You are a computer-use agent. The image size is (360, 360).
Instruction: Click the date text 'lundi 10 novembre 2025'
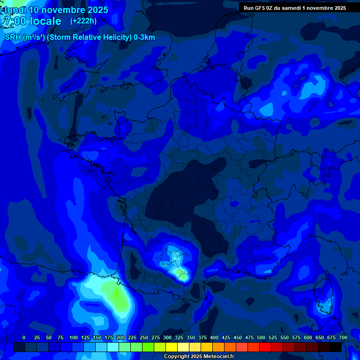56,10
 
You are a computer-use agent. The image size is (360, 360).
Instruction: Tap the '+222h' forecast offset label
83,21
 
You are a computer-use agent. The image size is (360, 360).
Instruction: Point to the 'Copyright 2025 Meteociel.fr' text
199,357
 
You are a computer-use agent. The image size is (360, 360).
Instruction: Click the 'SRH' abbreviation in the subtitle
13,37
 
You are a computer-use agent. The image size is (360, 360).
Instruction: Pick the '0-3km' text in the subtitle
144,37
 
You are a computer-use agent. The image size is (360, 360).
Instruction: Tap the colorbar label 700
343,337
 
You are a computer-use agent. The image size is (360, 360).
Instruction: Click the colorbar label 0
24,337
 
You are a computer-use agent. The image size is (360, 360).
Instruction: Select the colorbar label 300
167,337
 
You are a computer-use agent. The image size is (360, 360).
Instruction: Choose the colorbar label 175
109,337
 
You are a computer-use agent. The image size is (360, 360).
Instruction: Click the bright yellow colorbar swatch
172,347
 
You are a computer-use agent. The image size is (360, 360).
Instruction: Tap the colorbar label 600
308,337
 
